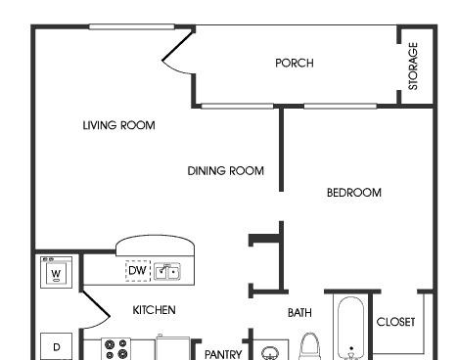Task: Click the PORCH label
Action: [x=295, y=63]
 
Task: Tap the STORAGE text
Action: [x=413, y=67]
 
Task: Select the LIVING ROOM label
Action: [x=118, y=125]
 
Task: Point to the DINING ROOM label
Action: [x=226, y=171]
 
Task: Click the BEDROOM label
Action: [x=354, y=193]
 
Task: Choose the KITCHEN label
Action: [x=154, y=310]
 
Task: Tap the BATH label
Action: [x=299, y=313]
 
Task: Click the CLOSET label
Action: [x=395, y=322]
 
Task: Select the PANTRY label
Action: [x=223, y=354]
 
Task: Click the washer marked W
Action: [x=56, y=273]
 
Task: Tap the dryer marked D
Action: [x=56, y=346]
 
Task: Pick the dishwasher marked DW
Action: [x=138, y=271]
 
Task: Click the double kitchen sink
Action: [x=167, y=271]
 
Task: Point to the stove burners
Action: [x=115, y=349]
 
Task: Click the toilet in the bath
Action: [x=309, y=346]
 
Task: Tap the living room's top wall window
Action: [x=132, y=26]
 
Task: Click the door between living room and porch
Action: [x=177, y=51]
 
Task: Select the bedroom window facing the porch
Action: [x=341, y=106]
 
